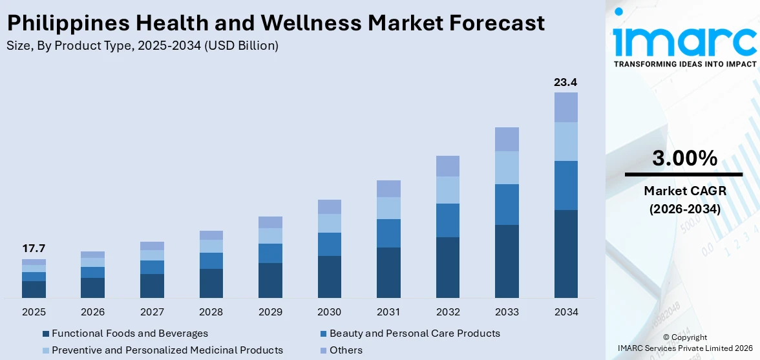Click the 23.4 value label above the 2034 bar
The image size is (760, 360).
[x=565, y=82]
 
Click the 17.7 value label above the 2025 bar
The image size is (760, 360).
[x=34, y=249]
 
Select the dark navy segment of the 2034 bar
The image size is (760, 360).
[x=565, y=253]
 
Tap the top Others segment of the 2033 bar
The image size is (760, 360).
[x=507, y=139]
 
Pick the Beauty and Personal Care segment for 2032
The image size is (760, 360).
[x=447, y=220]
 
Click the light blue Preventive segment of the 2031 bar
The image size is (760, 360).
[x=388, y=208]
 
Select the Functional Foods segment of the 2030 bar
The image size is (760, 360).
[x=329, y=277]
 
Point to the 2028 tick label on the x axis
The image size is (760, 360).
[x=211, y=312]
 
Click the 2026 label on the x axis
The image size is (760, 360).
[x=93, y=312]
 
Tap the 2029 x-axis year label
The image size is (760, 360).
[x=270, y=312]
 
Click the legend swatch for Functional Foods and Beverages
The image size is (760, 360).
[x=46, y=334]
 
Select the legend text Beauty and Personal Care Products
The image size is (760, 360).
[x=414, y=334]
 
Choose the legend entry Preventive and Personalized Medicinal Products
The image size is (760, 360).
[x=167, y=350]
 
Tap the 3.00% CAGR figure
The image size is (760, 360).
[x=684, y=158]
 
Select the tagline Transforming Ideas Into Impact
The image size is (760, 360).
[x=684, y=64]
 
